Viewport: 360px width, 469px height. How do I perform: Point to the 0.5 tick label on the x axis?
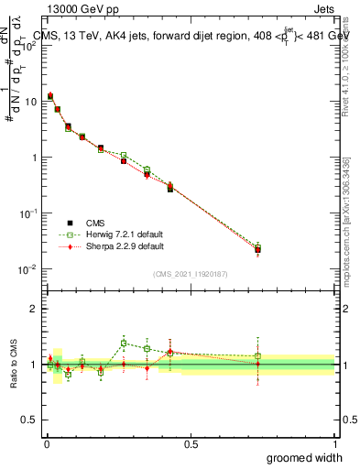point(191,444)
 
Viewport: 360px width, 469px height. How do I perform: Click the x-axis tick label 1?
point(334,444)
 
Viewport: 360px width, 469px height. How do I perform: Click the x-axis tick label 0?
point(47,444)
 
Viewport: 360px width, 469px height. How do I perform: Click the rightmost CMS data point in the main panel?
point(258,249)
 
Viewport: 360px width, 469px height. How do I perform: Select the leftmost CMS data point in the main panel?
point(50,95)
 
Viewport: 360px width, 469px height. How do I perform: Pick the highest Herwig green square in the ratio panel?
point(124,344)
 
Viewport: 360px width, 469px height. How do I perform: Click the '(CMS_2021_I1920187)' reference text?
point(191,274)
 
